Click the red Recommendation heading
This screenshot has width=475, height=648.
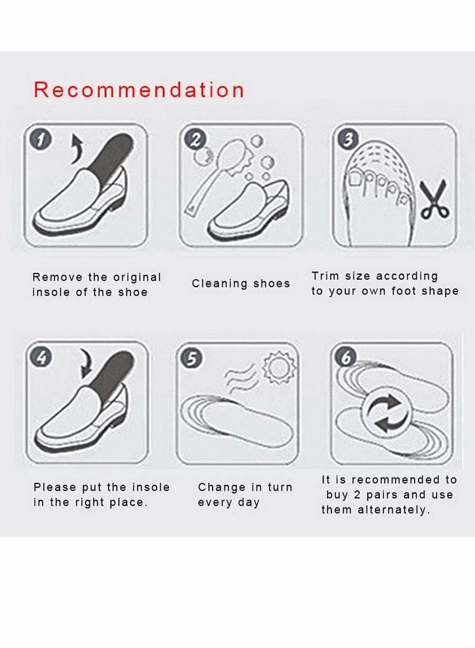(x=139, y=90)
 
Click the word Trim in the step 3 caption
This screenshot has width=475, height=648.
(x=325, y=276)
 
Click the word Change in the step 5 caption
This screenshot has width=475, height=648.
(x=218, y=488)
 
